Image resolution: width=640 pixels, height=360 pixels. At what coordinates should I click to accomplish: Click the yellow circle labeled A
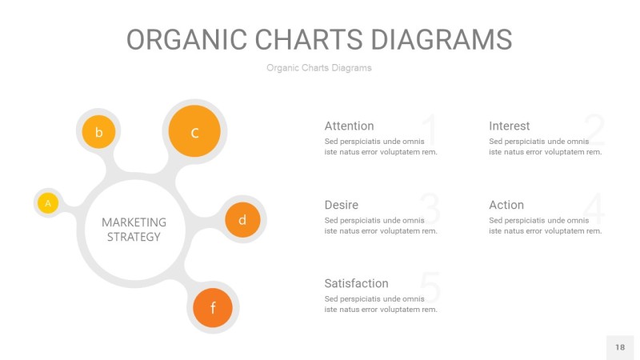(48, 203)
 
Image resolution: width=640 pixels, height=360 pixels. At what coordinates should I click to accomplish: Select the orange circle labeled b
(98, 132)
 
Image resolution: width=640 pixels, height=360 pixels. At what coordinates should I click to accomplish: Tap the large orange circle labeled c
(194, 131)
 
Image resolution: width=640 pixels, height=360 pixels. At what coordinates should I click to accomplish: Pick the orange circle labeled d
(242, 219)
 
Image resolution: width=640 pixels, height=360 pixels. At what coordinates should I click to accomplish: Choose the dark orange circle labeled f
(213, 308)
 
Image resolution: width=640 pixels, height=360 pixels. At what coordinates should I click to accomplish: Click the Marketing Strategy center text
(134, 229)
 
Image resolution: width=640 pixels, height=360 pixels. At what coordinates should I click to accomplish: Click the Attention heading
(349, 126)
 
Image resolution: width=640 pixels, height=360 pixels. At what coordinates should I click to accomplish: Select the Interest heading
(509, 126)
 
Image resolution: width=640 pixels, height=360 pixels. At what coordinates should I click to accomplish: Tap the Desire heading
(341, 205)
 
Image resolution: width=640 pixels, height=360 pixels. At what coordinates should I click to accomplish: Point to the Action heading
(506, 205)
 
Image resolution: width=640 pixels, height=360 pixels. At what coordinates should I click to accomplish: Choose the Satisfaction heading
(356, 283)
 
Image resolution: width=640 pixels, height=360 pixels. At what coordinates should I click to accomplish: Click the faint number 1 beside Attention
(429, 130)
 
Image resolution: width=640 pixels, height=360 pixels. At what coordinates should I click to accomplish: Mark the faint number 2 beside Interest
(594, 130)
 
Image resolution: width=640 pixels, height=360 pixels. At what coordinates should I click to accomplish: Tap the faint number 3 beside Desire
(430, 210)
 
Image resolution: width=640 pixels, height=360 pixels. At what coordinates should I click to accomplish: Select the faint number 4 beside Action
(594, 210)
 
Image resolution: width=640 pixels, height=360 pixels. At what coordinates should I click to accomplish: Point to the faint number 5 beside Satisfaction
(430, 288)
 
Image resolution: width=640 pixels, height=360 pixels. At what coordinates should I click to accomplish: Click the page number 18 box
(619, 347)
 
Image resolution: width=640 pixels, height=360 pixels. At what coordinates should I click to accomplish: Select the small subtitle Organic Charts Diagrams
(319, 68)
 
